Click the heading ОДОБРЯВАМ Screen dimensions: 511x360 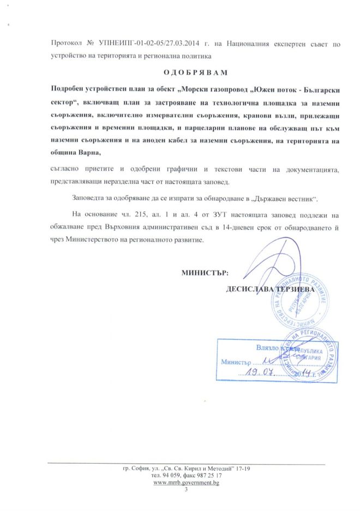(x=195, y=72)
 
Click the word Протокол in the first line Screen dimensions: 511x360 (x=68, y=43)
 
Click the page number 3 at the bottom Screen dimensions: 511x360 (x=187, y=490)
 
